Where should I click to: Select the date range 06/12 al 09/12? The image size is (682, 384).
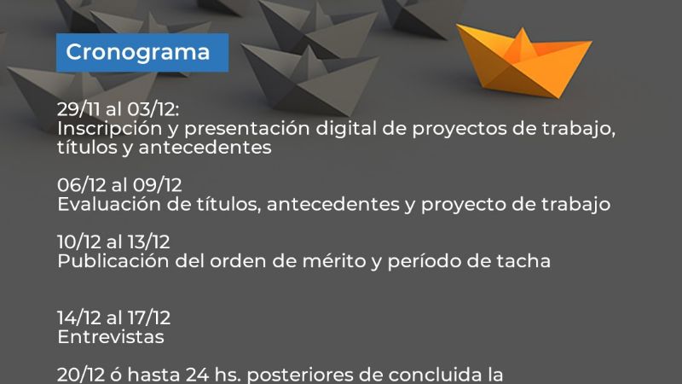(x=119, y=186)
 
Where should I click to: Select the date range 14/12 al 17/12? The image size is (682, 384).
(x=114, y=318)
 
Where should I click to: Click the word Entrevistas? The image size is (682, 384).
(x=111, y=337)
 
